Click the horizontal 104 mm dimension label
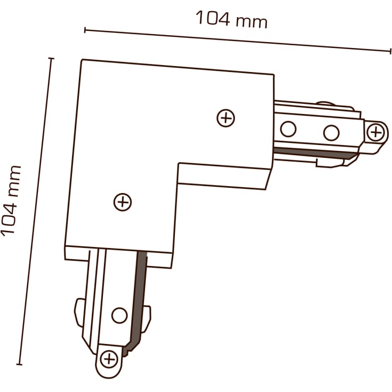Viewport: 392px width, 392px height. [x=231, y=19]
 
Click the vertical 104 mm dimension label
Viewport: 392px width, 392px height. [x=11, y=201]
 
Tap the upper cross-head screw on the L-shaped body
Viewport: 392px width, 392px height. [x=226, y=118]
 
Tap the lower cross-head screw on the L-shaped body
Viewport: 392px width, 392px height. [x=123, y=202]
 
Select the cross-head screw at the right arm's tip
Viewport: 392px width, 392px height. [x=375, y=132]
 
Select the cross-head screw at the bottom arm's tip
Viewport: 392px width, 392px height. [x=109, y=359]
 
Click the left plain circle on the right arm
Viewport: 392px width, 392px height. [x=288, y=129]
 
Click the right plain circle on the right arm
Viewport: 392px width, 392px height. [x=331, y=132]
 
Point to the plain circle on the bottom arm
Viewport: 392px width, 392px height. [x=119, y=316]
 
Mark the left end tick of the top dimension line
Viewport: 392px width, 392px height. [x=85, y=30]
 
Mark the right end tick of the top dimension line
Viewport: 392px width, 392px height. [x=390, y=51]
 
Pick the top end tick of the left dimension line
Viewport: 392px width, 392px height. [x=51, y=59]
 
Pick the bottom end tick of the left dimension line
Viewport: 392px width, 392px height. [x=19, y=364]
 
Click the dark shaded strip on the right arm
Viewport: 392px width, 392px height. [x=316, y=153]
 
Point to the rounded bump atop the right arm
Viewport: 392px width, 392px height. [x=325, y=103]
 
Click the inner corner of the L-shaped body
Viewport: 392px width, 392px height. [x=179, y=164]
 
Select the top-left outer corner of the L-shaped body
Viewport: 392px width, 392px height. [x=82, y=60]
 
